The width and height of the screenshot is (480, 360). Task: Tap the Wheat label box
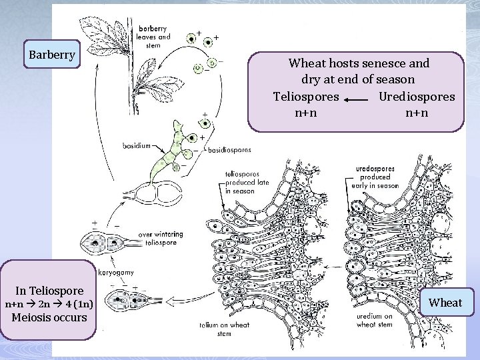click(x=445, y=303)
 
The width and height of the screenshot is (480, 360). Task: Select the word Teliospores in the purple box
click(x=306, y=96)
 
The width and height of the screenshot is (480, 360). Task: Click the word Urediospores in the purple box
click(x=417, y=96)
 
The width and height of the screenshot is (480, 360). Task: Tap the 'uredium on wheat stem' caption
click(x=375, y=321)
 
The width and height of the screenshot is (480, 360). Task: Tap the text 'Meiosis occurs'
click(x=51, y=317)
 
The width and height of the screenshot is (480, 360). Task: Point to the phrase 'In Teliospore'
click(x=51, y=291)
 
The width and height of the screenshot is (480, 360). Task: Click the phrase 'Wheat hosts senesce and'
click(x=359, y=64)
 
